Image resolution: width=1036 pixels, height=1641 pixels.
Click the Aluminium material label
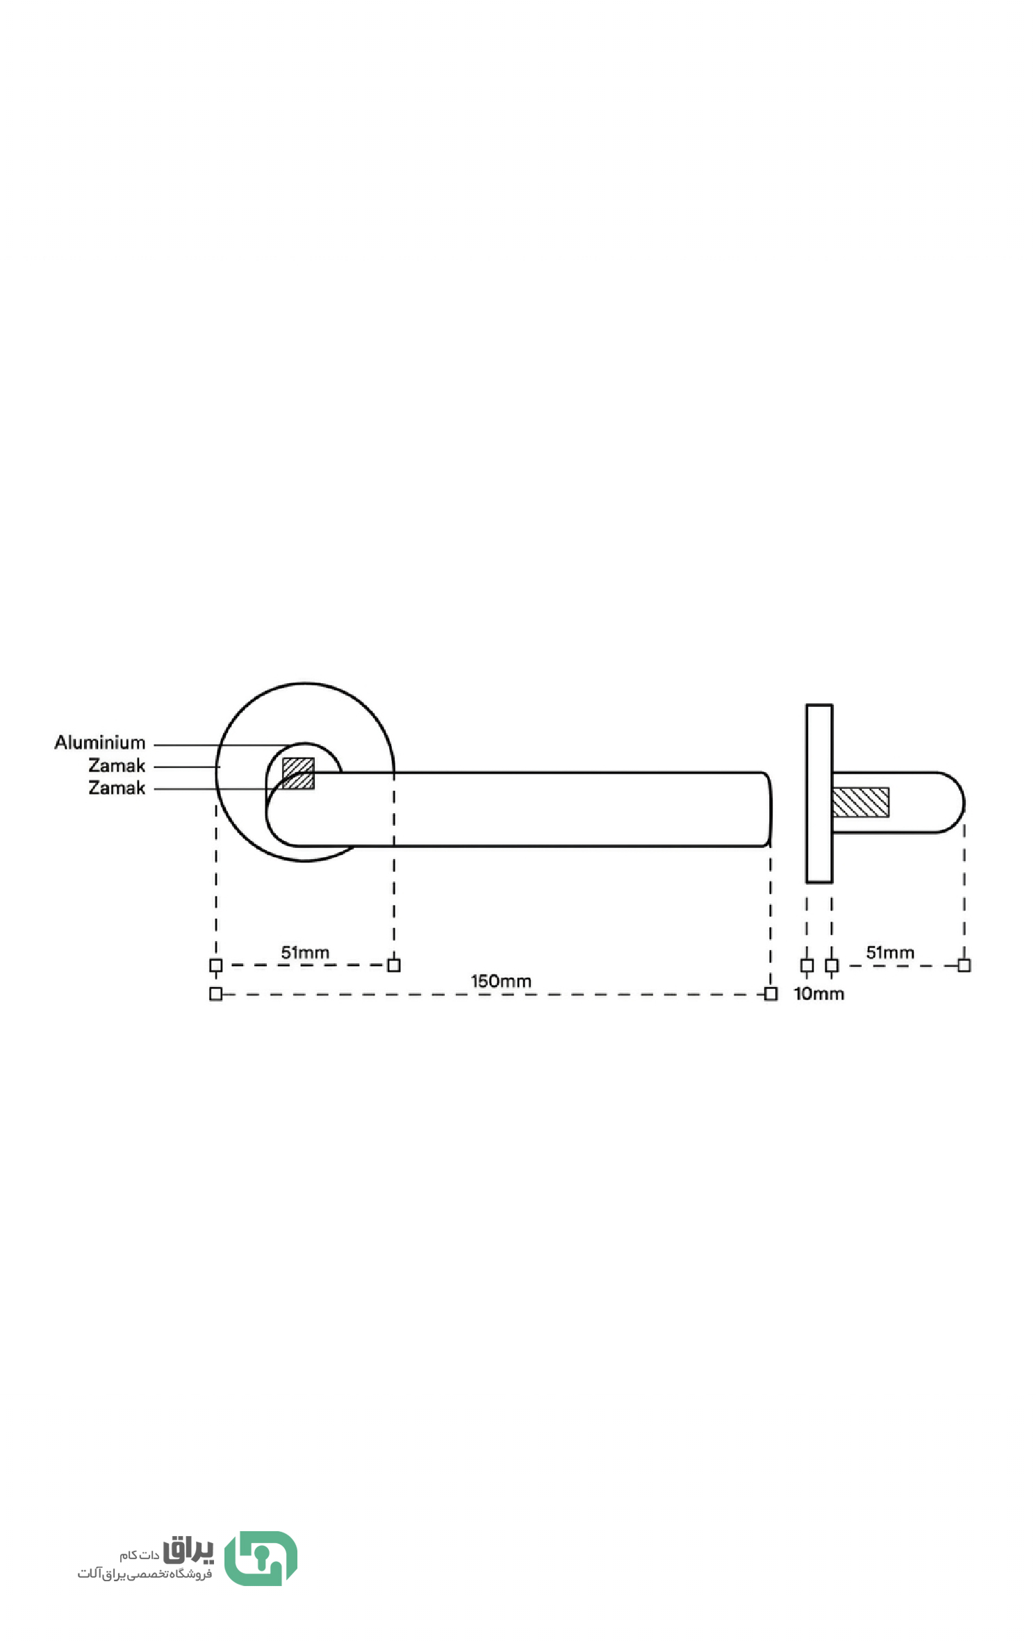point(100,742)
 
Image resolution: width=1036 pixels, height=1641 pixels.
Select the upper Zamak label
point(117,765)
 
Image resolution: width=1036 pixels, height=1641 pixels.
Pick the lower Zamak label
point(117,787)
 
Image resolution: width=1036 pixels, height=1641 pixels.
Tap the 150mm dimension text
point(501,981)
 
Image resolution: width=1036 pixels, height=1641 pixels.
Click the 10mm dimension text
point(819,994)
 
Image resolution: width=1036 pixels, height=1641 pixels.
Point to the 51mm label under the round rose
point(305,952)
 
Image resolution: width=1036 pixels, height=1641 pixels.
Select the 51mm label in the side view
point(890,952)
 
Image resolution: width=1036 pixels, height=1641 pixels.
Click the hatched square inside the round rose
point(298,774)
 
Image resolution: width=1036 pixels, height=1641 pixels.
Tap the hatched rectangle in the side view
point(861,802)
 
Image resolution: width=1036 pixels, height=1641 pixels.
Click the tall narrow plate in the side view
point(819,794)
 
